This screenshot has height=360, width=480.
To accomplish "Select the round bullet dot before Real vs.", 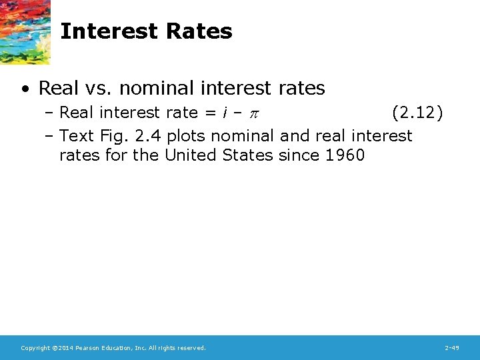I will point(25,89).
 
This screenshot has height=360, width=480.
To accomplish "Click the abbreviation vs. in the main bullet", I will point(102,88).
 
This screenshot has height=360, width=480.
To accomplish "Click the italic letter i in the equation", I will point(223,113).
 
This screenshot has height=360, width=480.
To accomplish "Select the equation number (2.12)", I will point(417,113).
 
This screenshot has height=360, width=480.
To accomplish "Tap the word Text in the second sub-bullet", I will point(77,136).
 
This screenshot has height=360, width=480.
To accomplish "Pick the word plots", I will point(188,136).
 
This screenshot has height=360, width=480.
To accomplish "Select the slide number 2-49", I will point(452,348).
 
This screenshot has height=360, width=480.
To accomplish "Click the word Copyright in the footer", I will point(34,348).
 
